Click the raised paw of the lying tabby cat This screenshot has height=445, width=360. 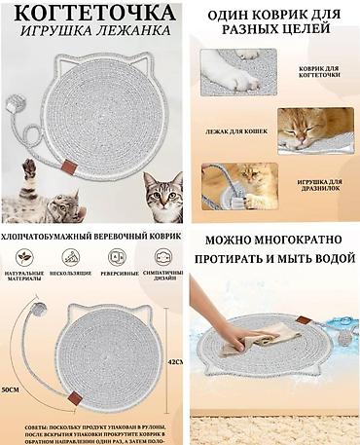point(29,169)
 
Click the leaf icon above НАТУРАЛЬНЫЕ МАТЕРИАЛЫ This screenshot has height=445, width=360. point(23,258)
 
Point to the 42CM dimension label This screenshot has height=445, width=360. point(175,362)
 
